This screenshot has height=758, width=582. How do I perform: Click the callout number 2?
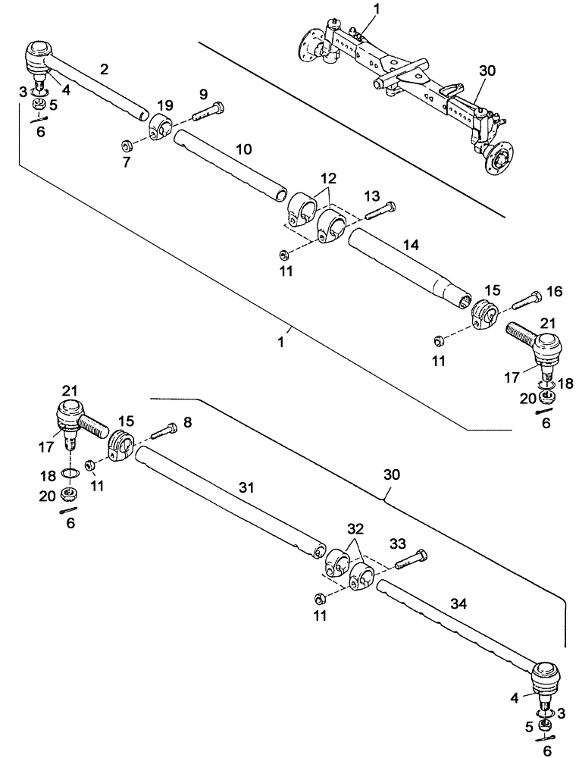tap(104, 69)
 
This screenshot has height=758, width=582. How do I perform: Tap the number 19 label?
tap(165, 105)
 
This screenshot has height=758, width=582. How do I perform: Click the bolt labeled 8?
tap(164, 432)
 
